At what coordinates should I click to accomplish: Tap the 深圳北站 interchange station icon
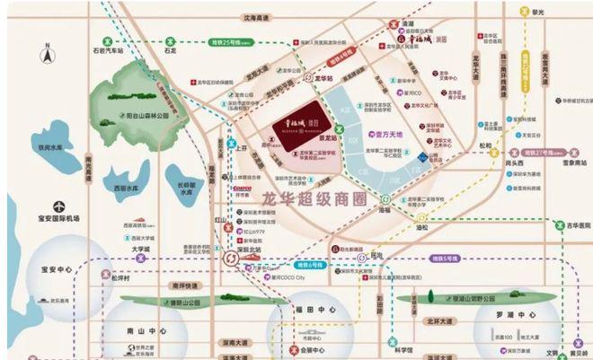[227, 258]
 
